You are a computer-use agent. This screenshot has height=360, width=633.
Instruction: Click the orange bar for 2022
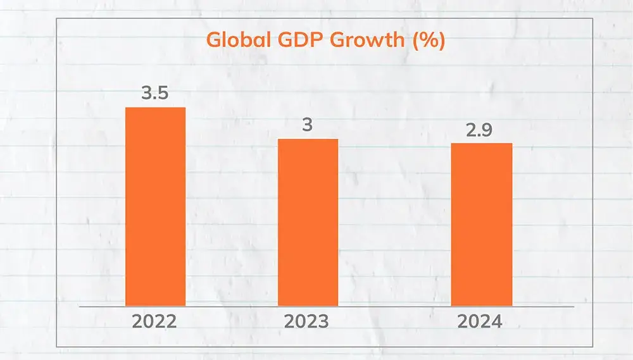pos(155,207)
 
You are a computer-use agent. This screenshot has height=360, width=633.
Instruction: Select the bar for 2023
pos(308,223)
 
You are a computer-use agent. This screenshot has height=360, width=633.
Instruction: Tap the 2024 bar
pos(481,225)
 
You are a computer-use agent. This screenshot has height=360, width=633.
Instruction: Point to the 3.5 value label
pos(154,94)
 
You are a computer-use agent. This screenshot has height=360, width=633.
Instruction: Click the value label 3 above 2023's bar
pos(308,125)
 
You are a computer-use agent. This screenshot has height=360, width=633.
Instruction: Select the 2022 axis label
pos(154,321)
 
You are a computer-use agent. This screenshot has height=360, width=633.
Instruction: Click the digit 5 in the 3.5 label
pos(163,94)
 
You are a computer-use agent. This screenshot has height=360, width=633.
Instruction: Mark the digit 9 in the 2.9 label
pos(488,130)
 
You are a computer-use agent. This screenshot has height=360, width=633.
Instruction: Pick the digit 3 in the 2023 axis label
pos(323,321)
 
